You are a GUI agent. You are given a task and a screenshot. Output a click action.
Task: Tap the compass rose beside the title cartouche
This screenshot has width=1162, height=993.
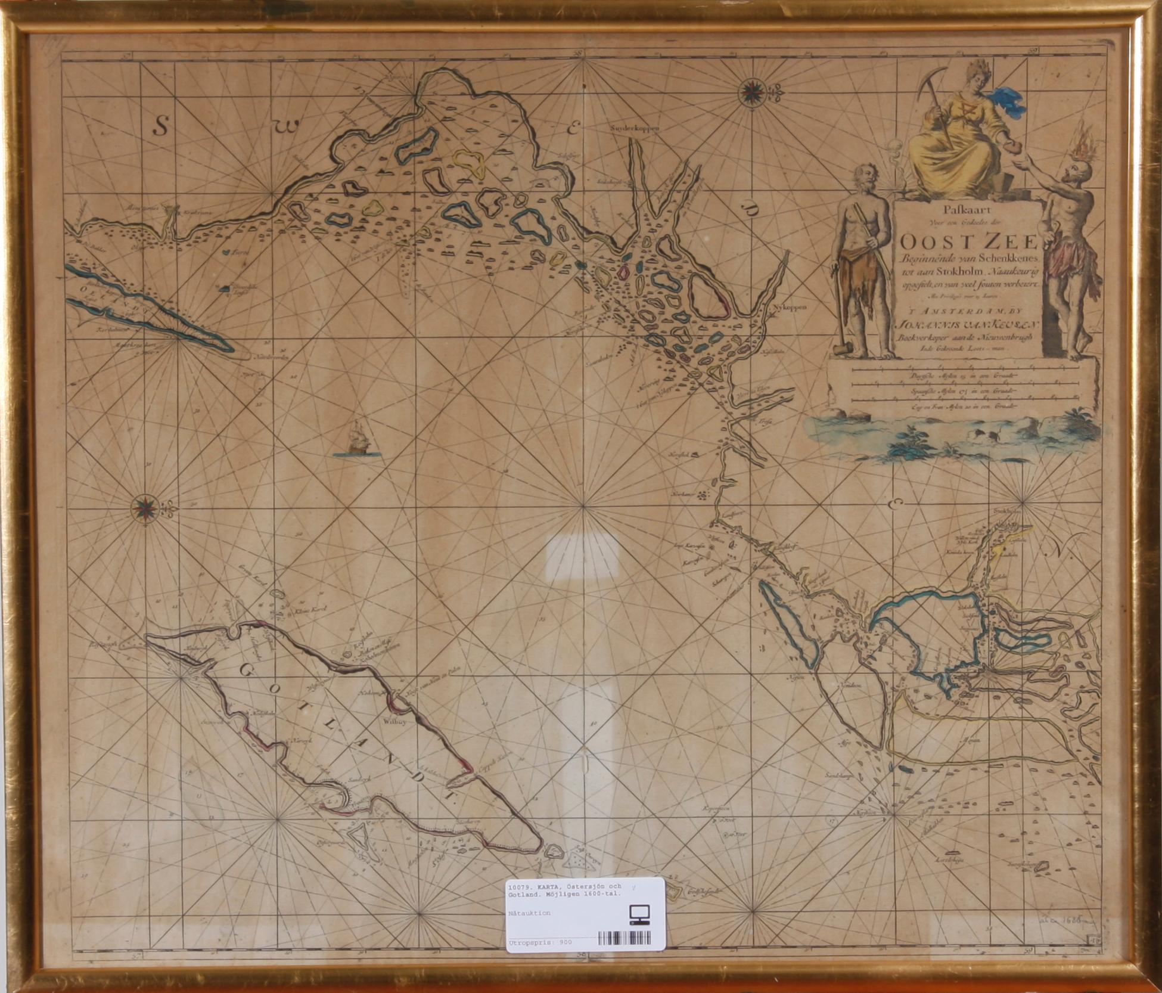[750, 93]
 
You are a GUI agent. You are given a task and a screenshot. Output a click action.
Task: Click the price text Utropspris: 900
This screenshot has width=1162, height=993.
[540, 942]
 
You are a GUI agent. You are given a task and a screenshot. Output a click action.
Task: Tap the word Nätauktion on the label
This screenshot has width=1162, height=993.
[529, 913]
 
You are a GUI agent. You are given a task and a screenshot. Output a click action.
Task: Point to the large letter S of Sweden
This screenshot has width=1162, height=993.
[160, 126]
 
